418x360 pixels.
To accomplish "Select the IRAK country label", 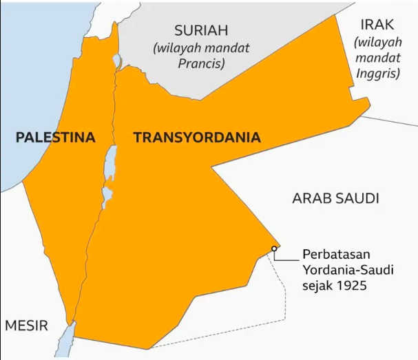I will [x=377, y=26].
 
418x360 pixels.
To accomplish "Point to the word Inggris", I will [x=377, y=73].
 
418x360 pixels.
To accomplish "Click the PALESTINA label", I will [x=55, y=137].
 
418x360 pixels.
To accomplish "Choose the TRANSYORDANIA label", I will [x=197, y=137].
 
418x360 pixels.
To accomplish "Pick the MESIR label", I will [x=27, y=326].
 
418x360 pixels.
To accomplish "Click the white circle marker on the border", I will [x=274, y=248].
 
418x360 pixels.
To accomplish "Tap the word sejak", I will [x=315, y=284].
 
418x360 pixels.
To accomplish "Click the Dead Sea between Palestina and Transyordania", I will [x=109, y=165].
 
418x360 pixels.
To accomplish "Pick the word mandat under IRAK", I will [x=377, y=57].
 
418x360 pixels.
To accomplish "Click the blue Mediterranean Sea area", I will [x=28, y=83].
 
